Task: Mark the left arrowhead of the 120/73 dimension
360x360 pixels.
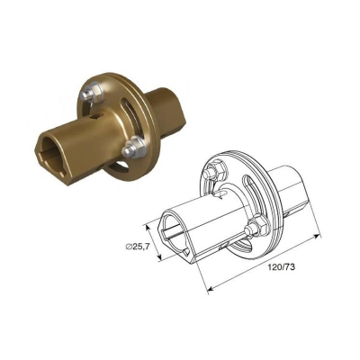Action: point(209,290)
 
